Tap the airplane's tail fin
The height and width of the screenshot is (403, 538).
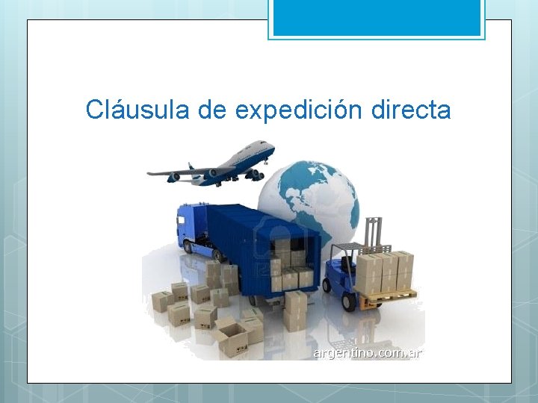[191, 167]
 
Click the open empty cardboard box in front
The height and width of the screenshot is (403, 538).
[232, 340]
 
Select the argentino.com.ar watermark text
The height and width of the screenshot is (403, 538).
[367, 352]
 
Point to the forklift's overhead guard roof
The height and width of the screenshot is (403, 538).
[359, 247]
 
